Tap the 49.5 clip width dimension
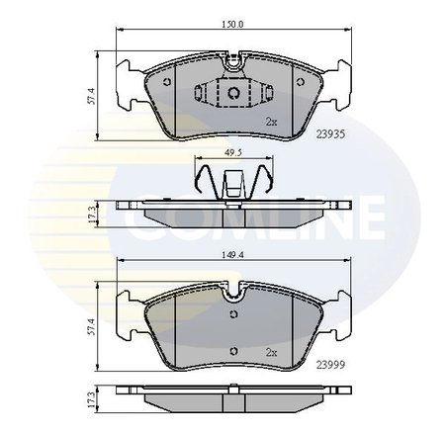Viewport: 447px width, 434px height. [x=234, y=154]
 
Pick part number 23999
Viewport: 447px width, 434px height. [x=330, y=364]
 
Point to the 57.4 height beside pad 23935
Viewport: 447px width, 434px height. [x=91, y=96]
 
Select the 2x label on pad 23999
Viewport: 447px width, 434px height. [x=269, y=351]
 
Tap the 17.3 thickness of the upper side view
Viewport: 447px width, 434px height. [x=91, y=213]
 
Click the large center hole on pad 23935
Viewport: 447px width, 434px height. [x=234, y=94]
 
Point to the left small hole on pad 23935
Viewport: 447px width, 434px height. [x=167, y=81]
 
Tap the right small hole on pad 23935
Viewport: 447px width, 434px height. [x=303, y=81]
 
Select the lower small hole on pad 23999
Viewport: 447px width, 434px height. [x=234, y=348]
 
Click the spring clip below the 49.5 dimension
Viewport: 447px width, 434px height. [x=234, y=184]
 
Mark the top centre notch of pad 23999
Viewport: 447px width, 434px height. [x=234, y=293]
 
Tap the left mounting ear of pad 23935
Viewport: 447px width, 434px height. [x=128, y=82]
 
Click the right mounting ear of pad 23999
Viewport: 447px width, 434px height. [x=341, y=306]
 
